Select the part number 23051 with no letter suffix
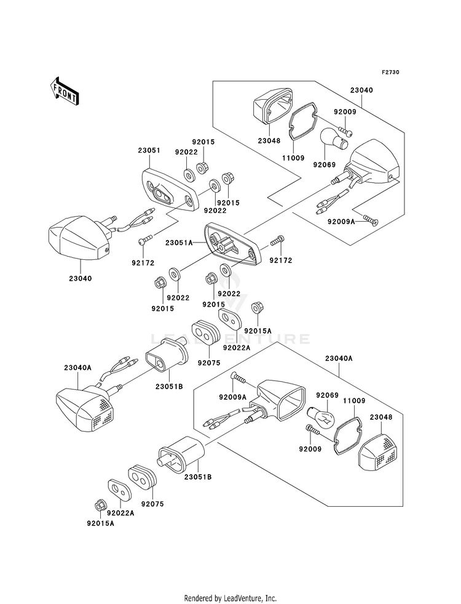click(149, 150)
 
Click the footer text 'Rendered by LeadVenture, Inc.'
click(230, 598)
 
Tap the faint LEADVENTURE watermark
click(230, 339)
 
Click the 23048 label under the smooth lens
click(269, 141)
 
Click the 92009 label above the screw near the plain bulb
click(345, 112)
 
